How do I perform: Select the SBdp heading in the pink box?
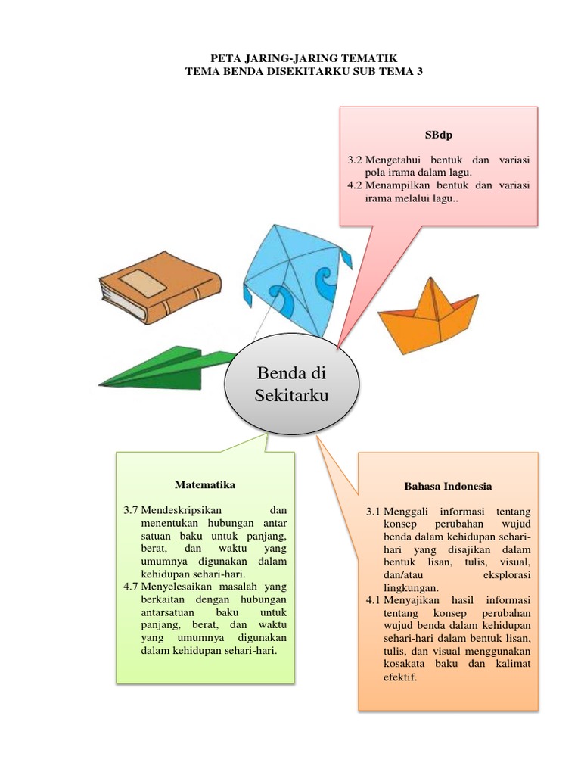pyautogui.click(x=438, y=135)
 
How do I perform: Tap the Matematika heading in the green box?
pyautogui.click(x=205, y=484)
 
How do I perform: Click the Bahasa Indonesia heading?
pyautogui.click(x=448, y=486)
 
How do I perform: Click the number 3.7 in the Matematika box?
pyautogui.click(x=131, y=511)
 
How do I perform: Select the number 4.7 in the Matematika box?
pyautogui.click(x=131, y=587)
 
